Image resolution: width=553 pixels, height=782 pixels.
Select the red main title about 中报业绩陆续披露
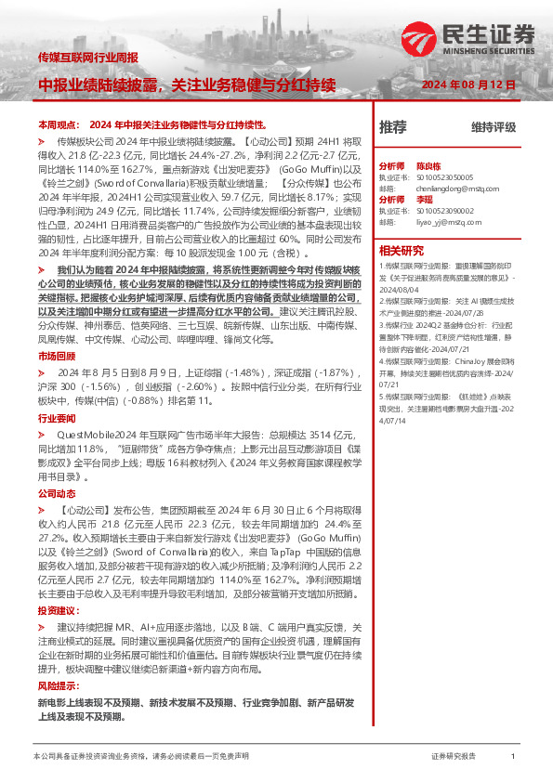(x=186, y=85)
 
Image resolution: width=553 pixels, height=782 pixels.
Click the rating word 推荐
(x=393, y=126)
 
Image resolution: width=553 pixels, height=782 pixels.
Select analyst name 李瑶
(x=424, y=200)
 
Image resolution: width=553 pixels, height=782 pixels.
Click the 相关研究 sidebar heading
(x=402, y=250)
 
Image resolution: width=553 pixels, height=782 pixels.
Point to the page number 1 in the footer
(x=513, y=757)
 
